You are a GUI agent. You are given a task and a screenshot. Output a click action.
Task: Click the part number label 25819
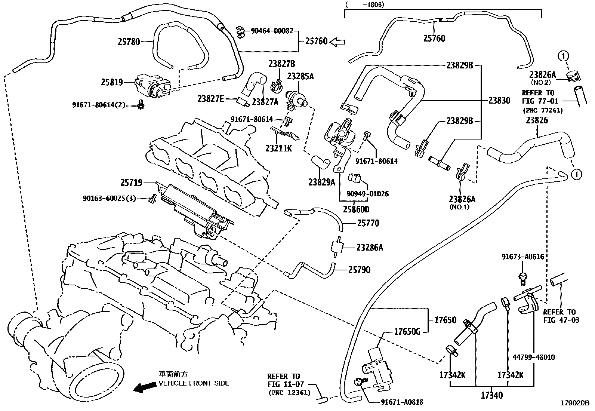click(112, 82)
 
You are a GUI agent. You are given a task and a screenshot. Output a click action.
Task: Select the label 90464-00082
click(272, 31)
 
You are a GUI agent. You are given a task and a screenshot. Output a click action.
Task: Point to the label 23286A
click(370, 248)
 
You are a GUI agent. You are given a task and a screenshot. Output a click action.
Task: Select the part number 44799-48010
click(533, 357)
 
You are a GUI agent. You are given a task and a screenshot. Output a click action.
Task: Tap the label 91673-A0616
click(522, 257)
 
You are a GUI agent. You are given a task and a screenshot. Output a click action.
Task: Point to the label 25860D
click(357, 209)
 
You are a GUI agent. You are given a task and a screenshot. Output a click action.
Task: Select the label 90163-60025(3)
click(110, 198)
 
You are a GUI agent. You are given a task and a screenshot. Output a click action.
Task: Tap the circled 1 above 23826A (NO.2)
click(563, 56)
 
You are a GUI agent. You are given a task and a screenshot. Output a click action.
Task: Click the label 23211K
click(278, 148)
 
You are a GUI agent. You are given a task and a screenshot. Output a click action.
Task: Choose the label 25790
click(359, 270)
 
